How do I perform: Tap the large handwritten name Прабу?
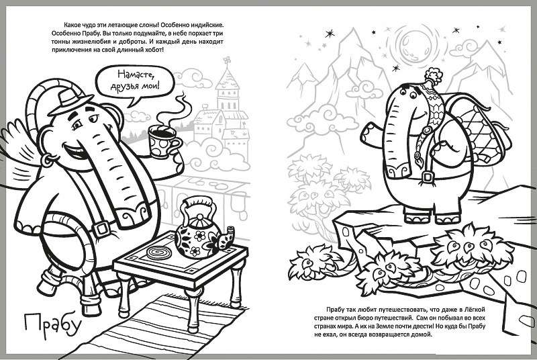coord(52,323)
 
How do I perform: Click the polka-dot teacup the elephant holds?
coord(164,141)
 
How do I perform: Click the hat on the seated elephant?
coord(70,101)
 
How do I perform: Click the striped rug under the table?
coord(155,324)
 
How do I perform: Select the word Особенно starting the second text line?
coord(64,34)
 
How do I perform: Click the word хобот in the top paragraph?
coord(148,50)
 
